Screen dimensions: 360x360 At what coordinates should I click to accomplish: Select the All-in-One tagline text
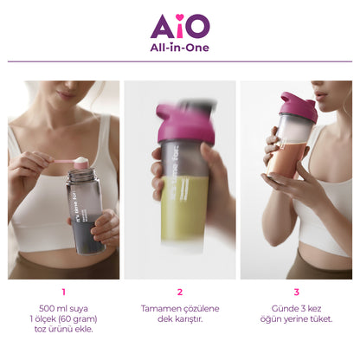(x=179, y=48)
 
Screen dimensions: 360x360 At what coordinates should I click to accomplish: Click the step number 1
(x=63, y=292)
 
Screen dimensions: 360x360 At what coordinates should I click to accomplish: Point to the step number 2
(x=180, y=292)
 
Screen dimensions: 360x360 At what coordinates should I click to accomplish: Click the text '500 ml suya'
(x=63, y=308)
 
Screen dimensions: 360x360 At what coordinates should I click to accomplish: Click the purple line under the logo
(x=180, y=61)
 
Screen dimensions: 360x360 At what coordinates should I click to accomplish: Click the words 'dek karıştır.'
(x=180, y=319)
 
